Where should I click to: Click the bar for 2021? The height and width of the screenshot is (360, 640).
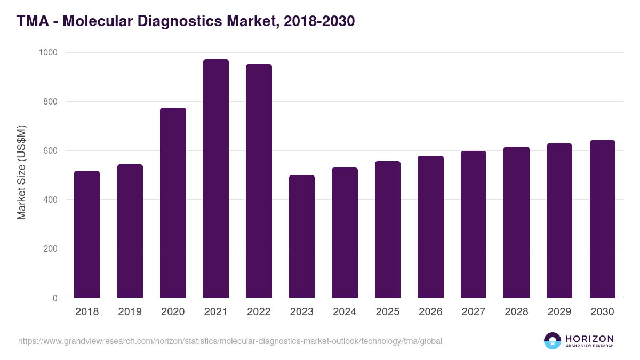(216, 179)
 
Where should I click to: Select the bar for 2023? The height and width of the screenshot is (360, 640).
(302, 236)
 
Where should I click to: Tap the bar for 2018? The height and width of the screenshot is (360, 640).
(87, 234)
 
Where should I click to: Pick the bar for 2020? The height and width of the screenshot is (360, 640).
(173, 203)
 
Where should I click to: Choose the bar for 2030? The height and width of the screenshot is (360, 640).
(603, 219)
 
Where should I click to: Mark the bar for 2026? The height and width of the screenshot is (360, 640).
(431, 227)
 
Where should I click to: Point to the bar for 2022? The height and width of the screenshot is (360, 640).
(259, 181)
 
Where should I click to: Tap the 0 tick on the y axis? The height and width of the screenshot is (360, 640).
(55, 298)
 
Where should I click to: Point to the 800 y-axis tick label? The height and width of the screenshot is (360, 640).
(50, 102)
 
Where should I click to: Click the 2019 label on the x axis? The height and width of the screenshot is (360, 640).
(130, 312)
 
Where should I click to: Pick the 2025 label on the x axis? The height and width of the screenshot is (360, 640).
(388, 312)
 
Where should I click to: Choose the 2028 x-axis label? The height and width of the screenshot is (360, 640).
(516, 312)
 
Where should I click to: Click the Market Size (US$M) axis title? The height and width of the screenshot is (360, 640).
(22, 172)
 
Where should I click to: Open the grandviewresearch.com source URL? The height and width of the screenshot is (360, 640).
(230, 341)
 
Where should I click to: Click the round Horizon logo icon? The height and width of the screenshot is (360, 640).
(553, 341)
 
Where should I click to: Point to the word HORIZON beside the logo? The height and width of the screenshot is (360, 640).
(589, 338)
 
